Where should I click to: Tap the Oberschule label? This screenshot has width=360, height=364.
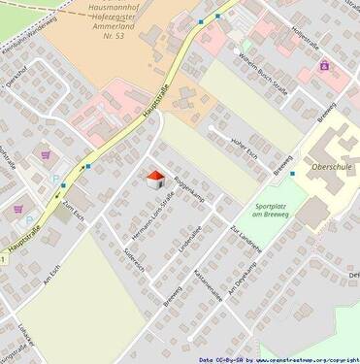[x=330, y=166]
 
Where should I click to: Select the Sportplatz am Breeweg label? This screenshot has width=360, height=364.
[x=272, y=212]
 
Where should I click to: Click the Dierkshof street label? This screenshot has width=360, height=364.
[x=16, y=79]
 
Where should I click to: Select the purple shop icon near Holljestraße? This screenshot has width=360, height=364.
[x=324, y=65]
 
